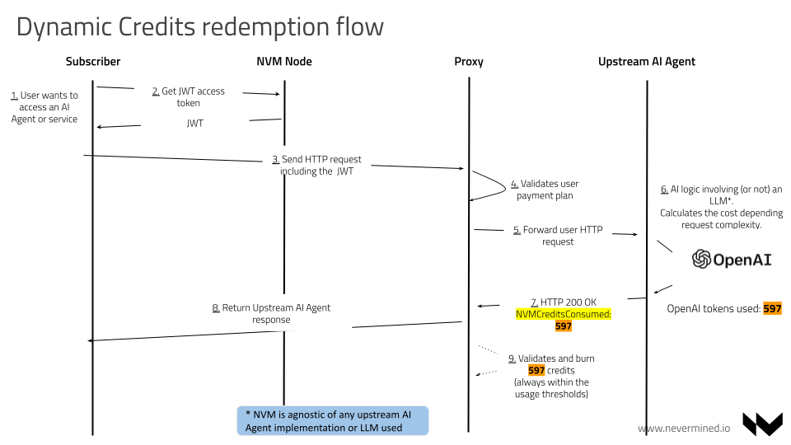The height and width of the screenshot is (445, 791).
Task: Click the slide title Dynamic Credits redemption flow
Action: point(199,26)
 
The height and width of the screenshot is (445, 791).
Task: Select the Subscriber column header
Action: point(93,62)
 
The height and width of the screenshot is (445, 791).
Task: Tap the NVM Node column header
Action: point(284,62)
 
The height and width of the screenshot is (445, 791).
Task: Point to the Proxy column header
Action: point(469,62)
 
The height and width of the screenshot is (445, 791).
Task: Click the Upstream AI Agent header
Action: point(647,62)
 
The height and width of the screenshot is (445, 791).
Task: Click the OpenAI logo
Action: point(732,260)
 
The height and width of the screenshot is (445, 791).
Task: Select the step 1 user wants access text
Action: point(44,107)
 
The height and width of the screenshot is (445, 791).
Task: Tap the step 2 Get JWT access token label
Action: point(189,97)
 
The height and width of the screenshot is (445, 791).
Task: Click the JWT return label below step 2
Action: point(194,124)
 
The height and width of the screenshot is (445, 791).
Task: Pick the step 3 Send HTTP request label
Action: point(317,165)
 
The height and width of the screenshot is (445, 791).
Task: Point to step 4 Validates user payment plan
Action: point(545,190)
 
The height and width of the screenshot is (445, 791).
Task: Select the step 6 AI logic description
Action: point(721,207)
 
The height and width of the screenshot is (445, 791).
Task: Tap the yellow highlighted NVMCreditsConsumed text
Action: point(564,315)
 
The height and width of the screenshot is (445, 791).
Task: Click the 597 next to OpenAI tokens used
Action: point(772,309)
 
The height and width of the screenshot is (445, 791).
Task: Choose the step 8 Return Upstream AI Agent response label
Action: point(271,313)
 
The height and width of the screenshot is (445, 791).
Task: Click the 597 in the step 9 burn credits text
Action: point(536,371)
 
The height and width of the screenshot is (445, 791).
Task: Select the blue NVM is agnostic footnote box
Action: point(333,419)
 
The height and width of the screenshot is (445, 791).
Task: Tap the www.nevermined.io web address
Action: point(684,429)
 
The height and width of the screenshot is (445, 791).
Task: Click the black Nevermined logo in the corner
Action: point(762,424)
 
